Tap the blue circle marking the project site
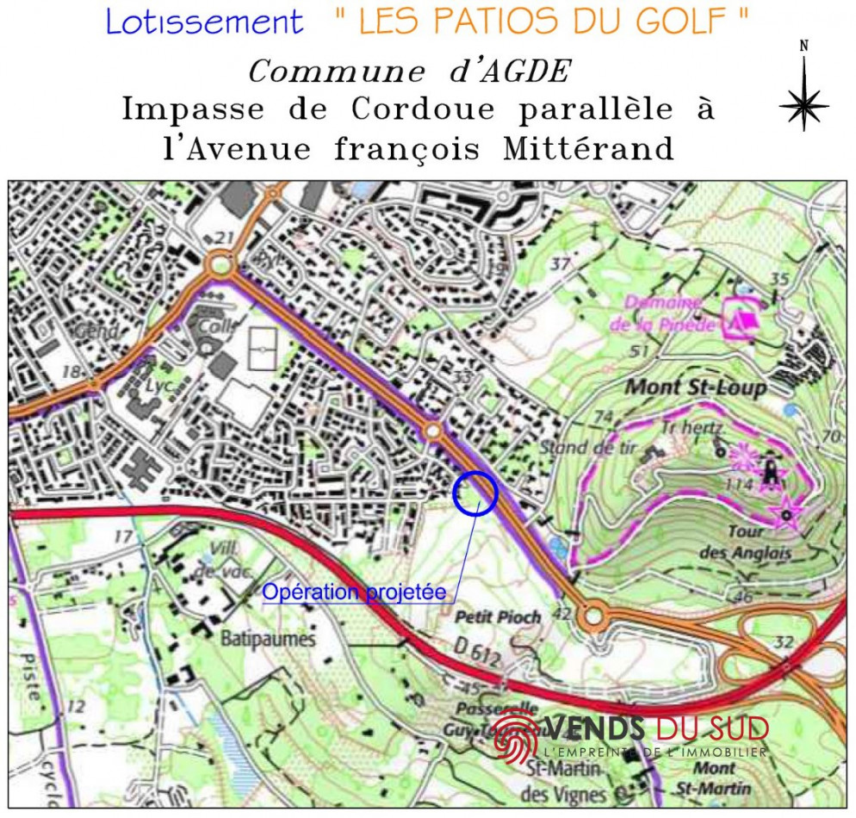[475, 493]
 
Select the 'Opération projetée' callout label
[354, 592]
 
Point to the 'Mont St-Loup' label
[695, 387]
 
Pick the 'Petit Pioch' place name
[498, 617]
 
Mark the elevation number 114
[739, 486]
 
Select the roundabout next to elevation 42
[592, 617]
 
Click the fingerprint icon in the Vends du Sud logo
[515, 736]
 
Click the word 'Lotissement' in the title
[205, 22]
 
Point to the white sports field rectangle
[261, 349]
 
